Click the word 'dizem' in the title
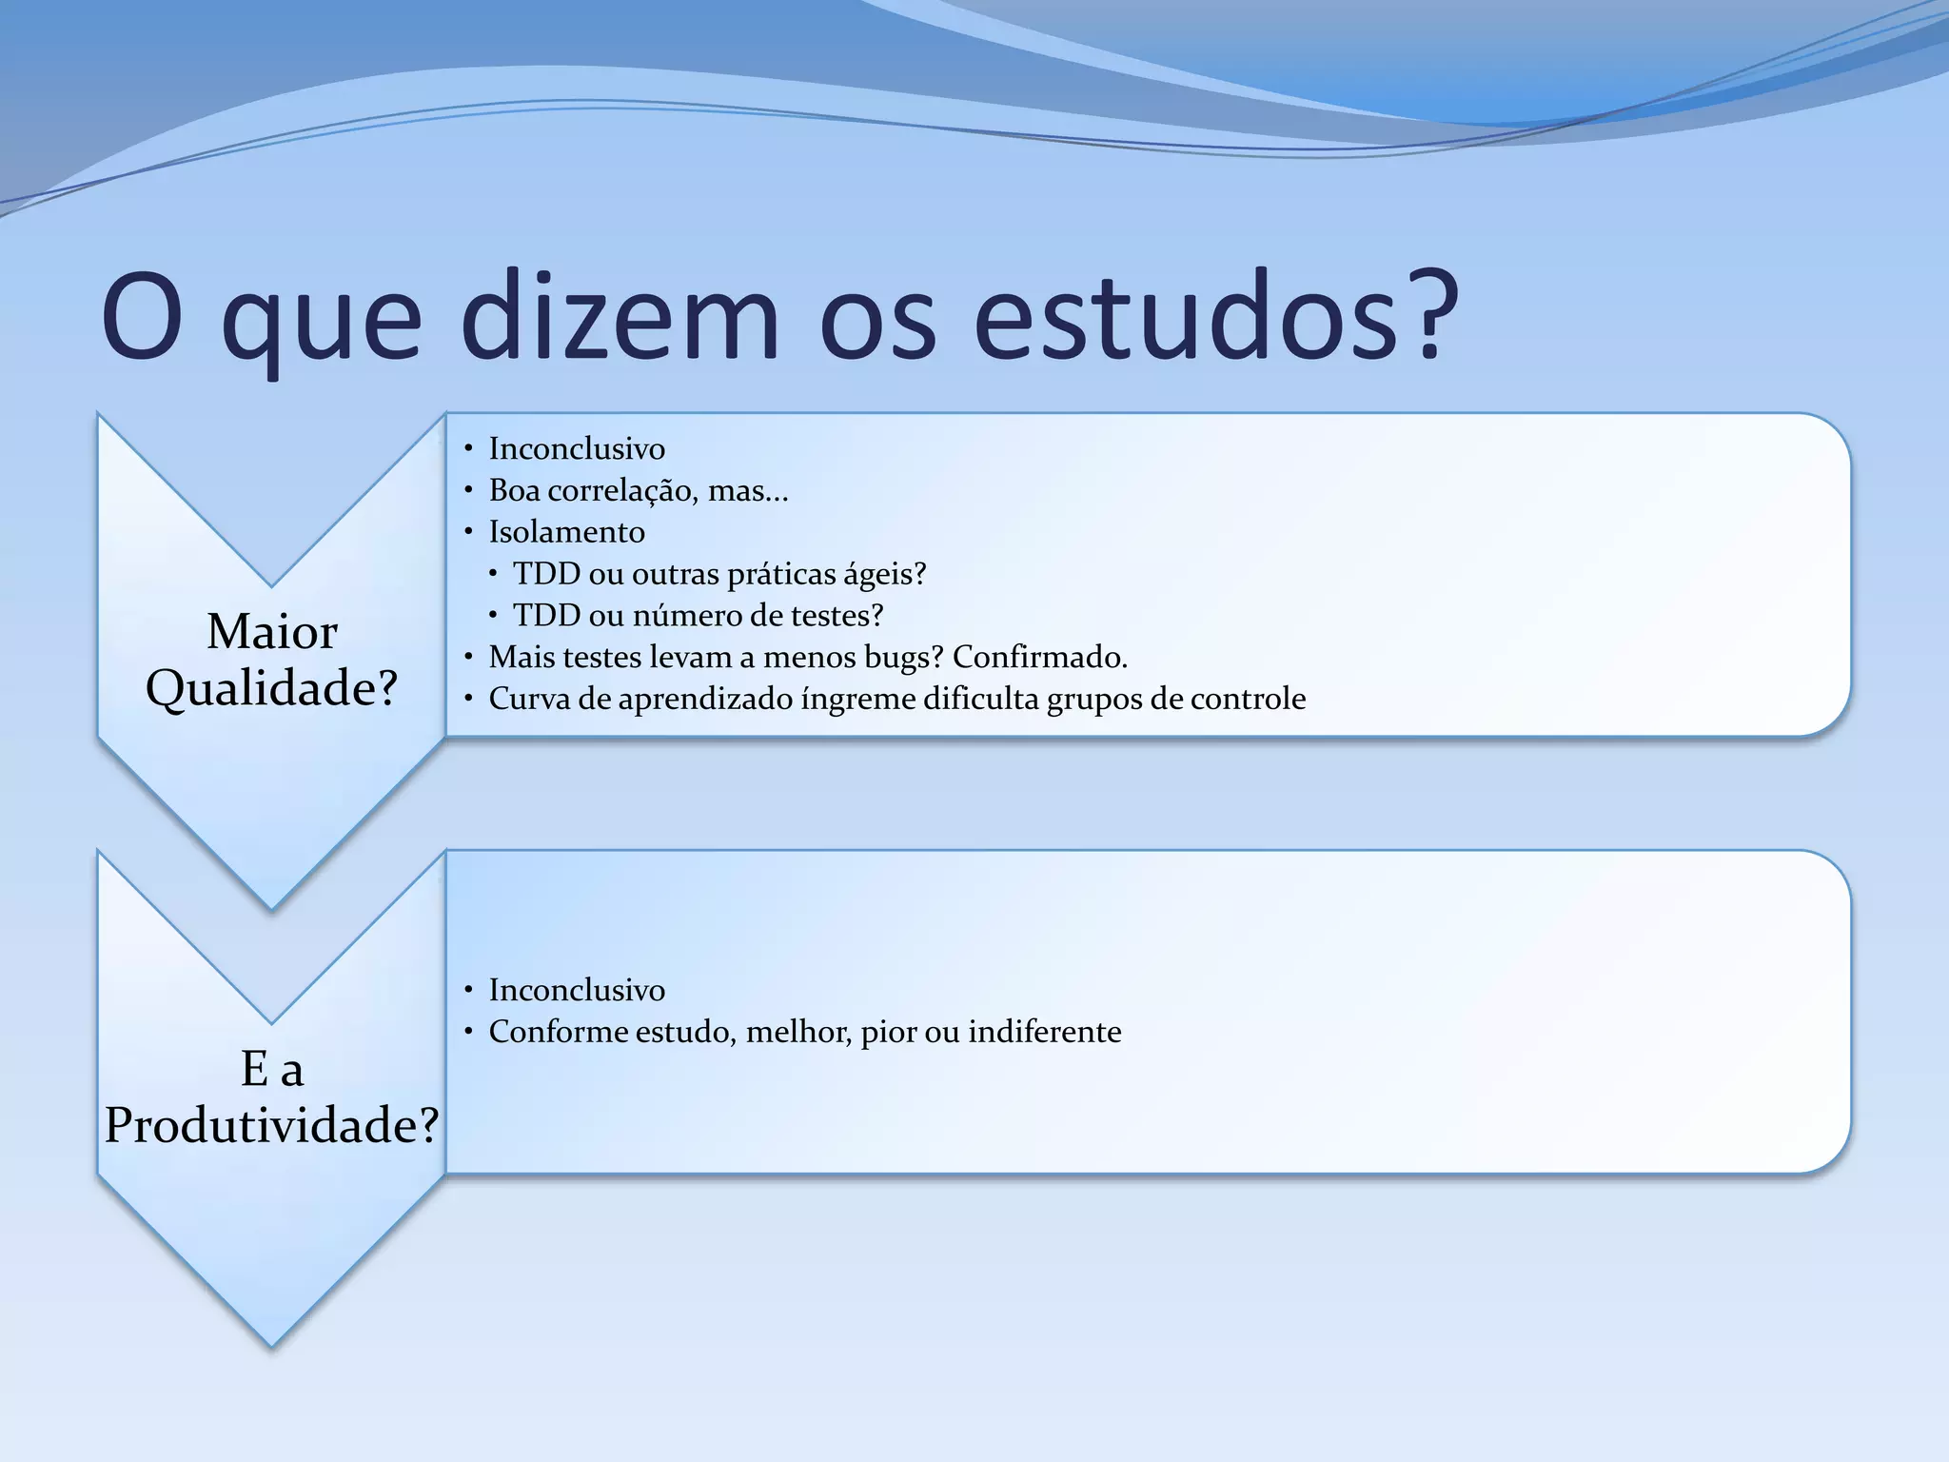(x=619, y=317)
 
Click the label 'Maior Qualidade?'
(x=272, y=660)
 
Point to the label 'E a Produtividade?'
(x=272, y=1096)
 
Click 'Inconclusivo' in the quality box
(x=577, y=448)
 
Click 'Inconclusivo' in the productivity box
(x=577, y=990)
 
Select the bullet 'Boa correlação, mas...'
(x=638, y=490)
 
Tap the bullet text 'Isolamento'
(x=566, y=532)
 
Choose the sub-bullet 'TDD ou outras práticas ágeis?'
(x=719, y=574)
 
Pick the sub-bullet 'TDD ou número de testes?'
(x=698, y=616)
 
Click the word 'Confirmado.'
(x=1039, y=657)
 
